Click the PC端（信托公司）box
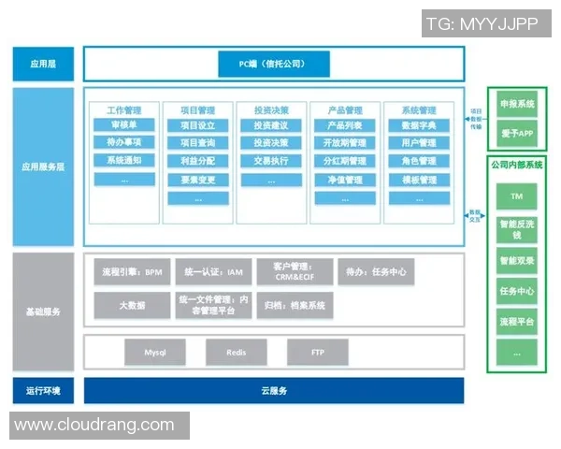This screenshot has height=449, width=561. click(x=273, y=65)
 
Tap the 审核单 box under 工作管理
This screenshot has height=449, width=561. click(x=124, y=125)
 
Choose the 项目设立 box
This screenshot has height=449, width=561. click(x=197, y=125)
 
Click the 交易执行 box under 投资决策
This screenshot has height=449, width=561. click(x=270, y=161)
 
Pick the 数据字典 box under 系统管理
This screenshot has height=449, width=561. click(x=418, y=125)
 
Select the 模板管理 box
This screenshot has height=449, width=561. click(x=418, y=179)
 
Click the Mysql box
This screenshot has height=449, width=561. click(x=154, y=353)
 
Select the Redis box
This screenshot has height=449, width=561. click(x=237, y=353)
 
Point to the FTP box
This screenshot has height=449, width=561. click(x=317, y=353)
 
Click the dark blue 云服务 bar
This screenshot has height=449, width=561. click(x=273, y=390)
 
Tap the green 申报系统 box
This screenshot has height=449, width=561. click(x=516, y=104)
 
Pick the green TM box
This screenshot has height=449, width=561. click(x=516, y=196)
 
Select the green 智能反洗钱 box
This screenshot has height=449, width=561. click(x=516, y=229)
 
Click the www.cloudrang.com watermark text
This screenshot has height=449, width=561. click(x=93, y=425)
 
